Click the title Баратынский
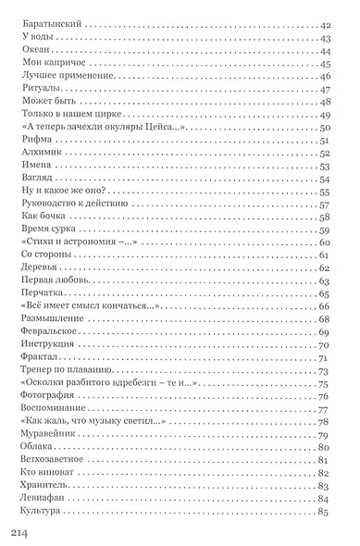tap(50, 24)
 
